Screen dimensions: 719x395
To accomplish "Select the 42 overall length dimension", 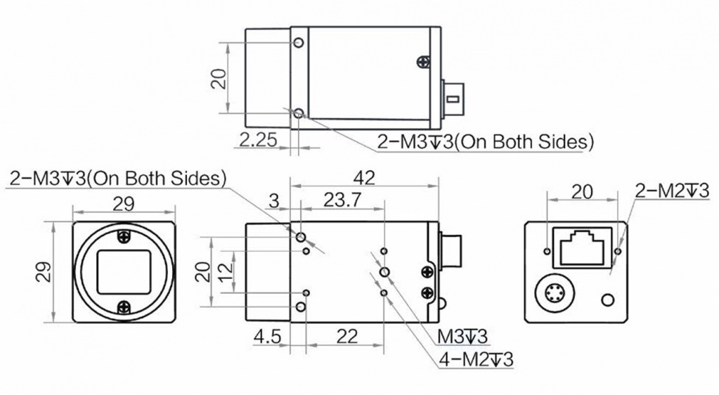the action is (363, 178).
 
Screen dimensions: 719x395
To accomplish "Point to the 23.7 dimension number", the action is (342, 200).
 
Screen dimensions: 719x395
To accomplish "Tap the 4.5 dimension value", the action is (267, 337).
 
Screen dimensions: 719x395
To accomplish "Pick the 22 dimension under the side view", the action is (346, 337).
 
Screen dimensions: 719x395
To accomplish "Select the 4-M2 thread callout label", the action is (476, 359).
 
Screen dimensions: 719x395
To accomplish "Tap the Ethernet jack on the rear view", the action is (582, 247).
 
